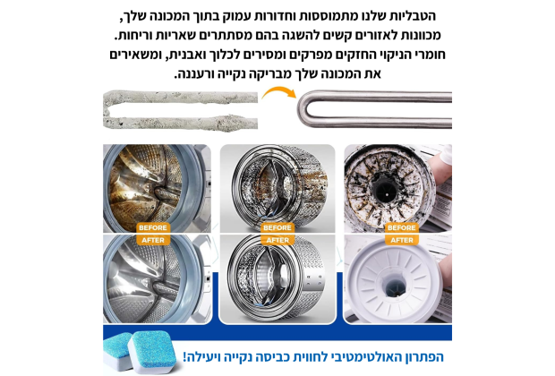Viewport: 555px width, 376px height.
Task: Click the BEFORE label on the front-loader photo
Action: point(153,227)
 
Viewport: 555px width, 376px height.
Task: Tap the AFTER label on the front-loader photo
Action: point(153,240)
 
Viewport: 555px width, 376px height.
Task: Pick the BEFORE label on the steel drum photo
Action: point(277,227)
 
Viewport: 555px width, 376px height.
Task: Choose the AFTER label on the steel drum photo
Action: point(277,240)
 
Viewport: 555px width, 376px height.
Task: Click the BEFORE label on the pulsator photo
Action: point(402,227)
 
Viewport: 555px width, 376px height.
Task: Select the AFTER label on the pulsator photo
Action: point(402,240)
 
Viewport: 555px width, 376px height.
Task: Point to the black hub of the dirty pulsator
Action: point(385,192)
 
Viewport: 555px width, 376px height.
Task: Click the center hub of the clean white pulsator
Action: point(395,286)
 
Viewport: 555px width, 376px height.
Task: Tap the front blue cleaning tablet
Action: point(151,352)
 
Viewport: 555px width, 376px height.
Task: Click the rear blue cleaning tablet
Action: point(116,351)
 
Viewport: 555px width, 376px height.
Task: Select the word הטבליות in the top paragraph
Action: point(414,16)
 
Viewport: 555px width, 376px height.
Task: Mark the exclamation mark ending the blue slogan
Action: point(184,357)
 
